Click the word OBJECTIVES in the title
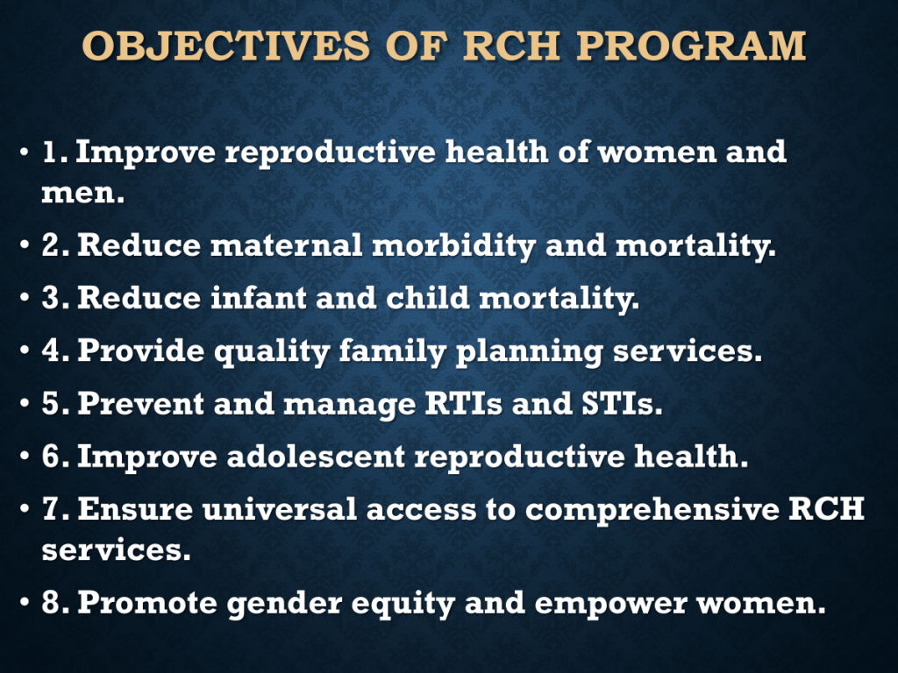click(x=226, y=46)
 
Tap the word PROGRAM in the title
click(x=691, y=46)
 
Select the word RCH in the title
click(x=511, y=46)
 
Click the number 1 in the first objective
click(x=50, y=152)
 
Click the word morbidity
click(x=453, y=246)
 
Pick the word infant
click(x=259, y=298)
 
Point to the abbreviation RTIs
click(x=463, y=403)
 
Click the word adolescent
click(x=316, y=456)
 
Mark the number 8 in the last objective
click(x=50, y=603)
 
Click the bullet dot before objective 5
click(x=24, y=403)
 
